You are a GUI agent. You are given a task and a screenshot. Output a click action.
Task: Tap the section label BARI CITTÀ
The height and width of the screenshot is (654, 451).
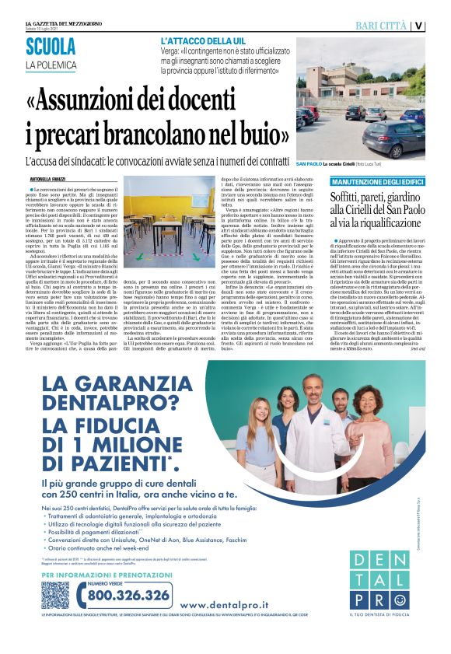tap(382, 26)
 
